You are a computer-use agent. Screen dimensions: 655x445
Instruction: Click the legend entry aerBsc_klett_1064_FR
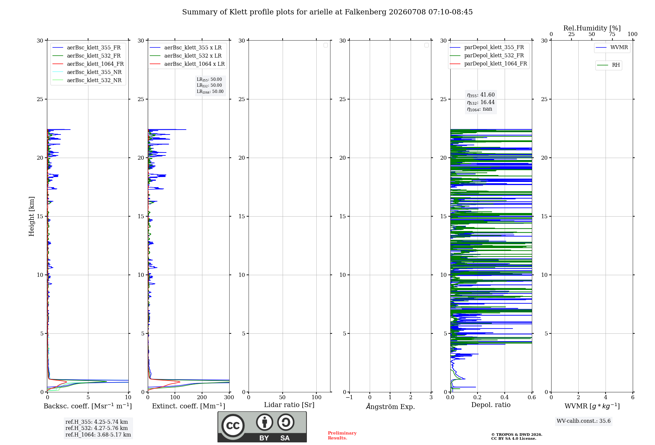(x=88, y=64)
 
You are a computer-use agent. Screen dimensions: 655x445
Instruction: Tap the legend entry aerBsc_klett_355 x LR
(x=186, y=47)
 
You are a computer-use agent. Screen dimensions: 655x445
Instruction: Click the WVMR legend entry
(x=612, y=47)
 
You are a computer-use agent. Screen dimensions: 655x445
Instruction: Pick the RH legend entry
(x=608, y=65)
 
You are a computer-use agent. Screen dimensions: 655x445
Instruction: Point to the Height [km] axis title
(x=31, y=216)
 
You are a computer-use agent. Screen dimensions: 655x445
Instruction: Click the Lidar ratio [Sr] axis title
(x=289, y=405)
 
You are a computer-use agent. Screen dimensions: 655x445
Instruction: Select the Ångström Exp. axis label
(x=390, y=406)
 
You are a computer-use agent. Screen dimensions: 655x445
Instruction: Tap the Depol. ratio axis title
(x=491, y=405)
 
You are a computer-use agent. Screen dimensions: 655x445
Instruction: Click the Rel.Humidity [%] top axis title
(x=592, y=28)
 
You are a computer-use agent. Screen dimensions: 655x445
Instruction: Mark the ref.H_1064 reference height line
(x=98, y=435)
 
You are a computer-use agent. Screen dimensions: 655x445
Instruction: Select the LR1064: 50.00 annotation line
(x=210, y=92)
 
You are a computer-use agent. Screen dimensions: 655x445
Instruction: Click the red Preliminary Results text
(x=342, y=436)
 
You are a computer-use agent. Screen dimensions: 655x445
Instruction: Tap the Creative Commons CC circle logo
(x=233, y=426)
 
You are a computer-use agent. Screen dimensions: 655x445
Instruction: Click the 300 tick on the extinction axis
(x=229, y=397)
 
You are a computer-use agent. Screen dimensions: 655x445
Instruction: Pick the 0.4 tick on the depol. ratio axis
(x=505, y=397)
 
